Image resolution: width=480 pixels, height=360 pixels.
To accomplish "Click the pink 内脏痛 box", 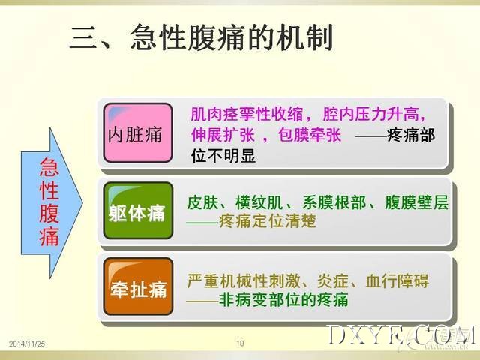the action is point(138,133).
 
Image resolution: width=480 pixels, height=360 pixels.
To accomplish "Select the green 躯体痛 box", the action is point(138,211).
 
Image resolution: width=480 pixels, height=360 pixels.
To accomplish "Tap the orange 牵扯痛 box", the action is point(138,286).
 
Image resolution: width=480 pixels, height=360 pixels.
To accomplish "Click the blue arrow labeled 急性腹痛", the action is point(52,203).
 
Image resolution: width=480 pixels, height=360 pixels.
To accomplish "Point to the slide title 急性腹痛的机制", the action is point(232,38).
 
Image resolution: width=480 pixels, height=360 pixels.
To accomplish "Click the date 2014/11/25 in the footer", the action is point(27,343).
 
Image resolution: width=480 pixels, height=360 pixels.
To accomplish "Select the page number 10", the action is point(240,343).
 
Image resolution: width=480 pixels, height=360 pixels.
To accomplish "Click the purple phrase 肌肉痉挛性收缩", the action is point(247,115).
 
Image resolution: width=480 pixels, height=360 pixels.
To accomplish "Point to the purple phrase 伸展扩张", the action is point(223,135).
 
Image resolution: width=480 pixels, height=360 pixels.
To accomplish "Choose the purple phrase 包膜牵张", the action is point(310,135).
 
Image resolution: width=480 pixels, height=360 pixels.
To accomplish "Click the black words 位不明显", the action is point(223,156).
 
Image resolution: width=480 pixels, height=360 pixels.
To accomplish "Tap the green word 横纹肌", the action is point(259,202).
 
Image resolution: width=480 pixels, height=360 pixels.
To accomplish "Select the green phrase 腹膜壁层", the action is point(416,202).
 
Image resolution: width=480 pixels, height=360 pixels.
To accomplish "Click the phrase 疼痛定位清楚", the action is point(268,221).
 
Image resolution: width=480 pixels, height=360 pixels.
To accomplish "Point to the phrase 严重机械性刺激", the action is point(243,280).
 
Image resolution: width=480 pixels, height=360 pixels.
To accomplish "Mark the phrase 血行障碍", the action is point(397,280).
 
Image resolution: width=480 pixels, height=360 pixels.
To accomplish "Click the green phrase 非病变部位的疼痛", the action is point(283,300).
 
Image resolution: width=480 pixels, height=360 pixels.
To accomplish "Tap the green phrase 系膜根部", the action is point(334,202).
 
